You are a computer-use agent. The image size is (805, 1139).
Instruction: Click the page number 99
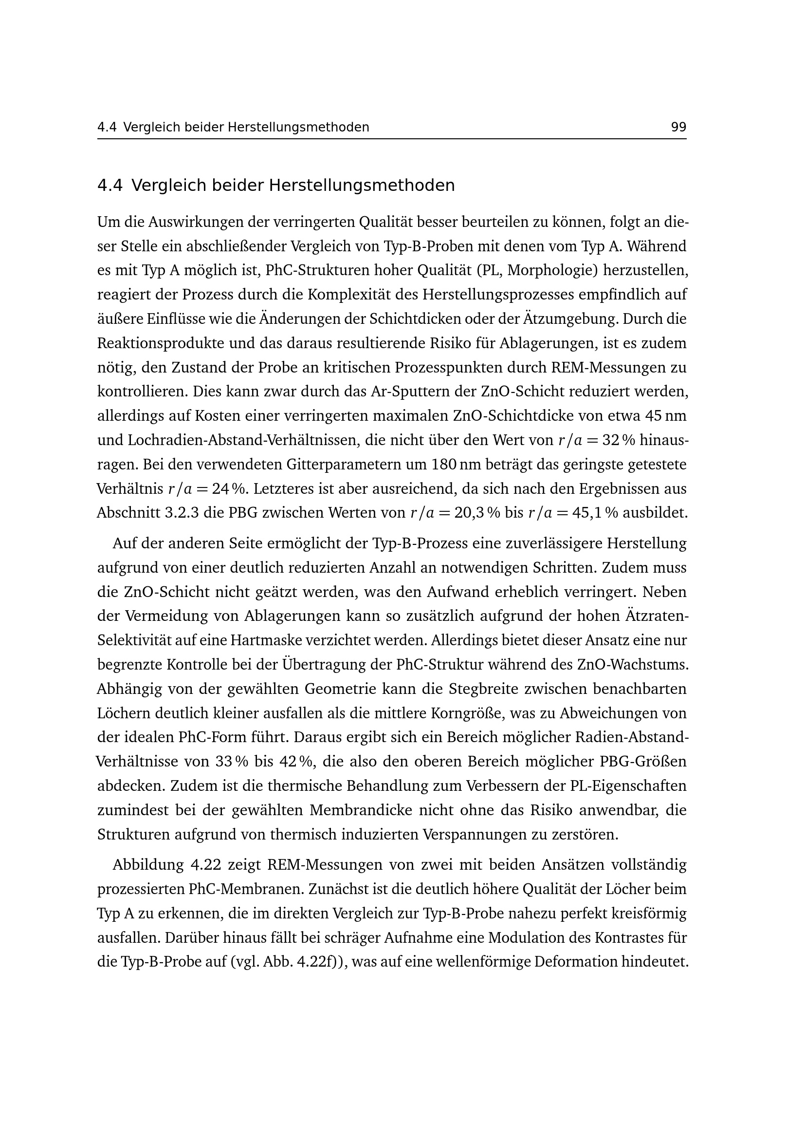pyautogui.click(x=678, y=128)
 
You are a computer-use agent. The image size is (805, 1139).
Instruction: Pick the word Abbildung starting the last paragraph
pyautogui.click(x=148, y=865)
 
